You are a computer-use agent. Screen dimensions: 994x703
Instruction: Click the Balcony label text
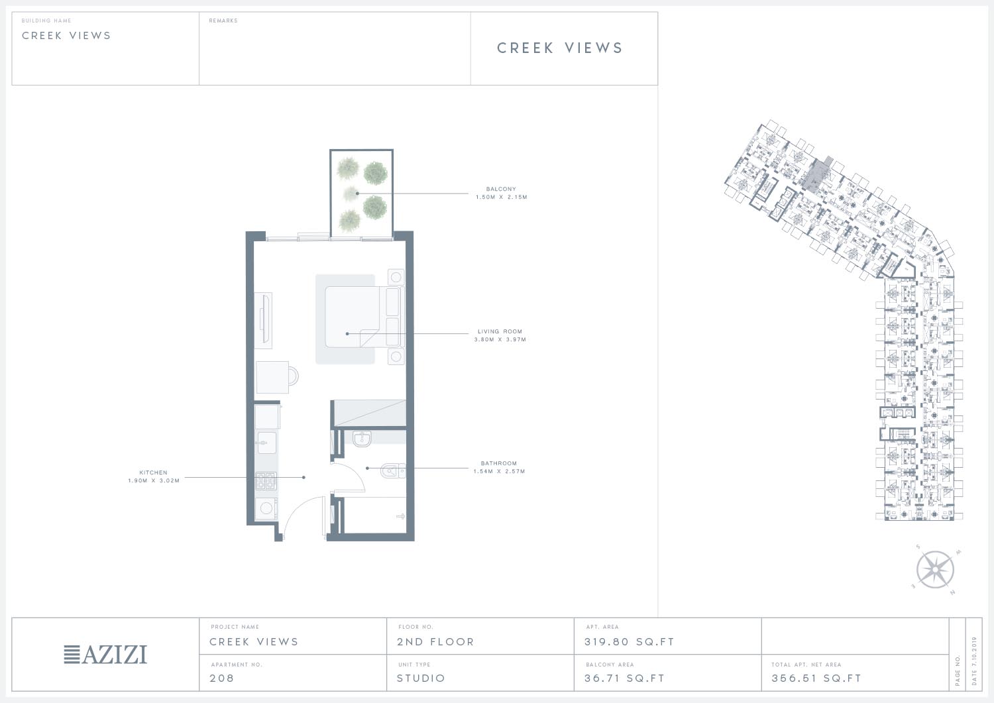501,189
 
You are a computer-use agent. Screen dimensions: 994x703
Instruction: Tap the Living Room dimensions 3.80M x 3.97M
500,339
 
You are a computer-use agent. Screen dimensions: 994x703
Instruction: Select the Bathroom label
499,463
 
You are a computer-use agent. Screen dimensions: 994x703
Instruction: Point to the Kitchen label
154,472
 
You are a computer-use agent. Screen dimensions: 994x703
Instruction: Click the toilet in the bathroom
393,470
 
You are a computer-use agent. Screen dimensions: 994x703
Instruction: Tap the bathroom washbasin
362,439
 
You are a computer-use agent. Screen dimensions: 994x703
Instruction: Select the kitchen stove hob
266,481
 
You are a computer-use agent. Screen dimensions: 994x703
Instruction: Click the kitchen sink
266,443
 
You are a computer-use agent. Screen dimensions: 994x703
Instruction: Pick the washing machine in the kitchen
266,508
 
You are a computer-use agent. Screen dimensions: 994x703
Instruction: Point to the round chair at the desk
294,377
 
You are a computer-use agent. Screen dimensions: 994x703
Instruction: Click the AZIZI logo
105,655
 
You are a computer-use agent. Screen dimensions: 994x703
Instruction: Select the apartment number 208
222,678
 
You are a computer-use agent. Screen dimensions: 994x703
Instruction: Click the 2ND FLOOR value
436,642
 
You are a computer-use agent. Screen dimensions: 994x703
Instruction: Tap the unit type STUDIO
421,678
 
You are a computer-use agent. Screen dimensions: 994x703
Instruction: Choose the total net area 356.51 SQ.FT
816,678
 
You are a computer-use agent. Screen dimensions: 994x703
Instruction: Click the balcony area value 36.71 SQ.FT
624,678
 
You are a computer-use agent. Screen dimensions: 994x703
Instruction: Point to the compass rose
935,569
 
